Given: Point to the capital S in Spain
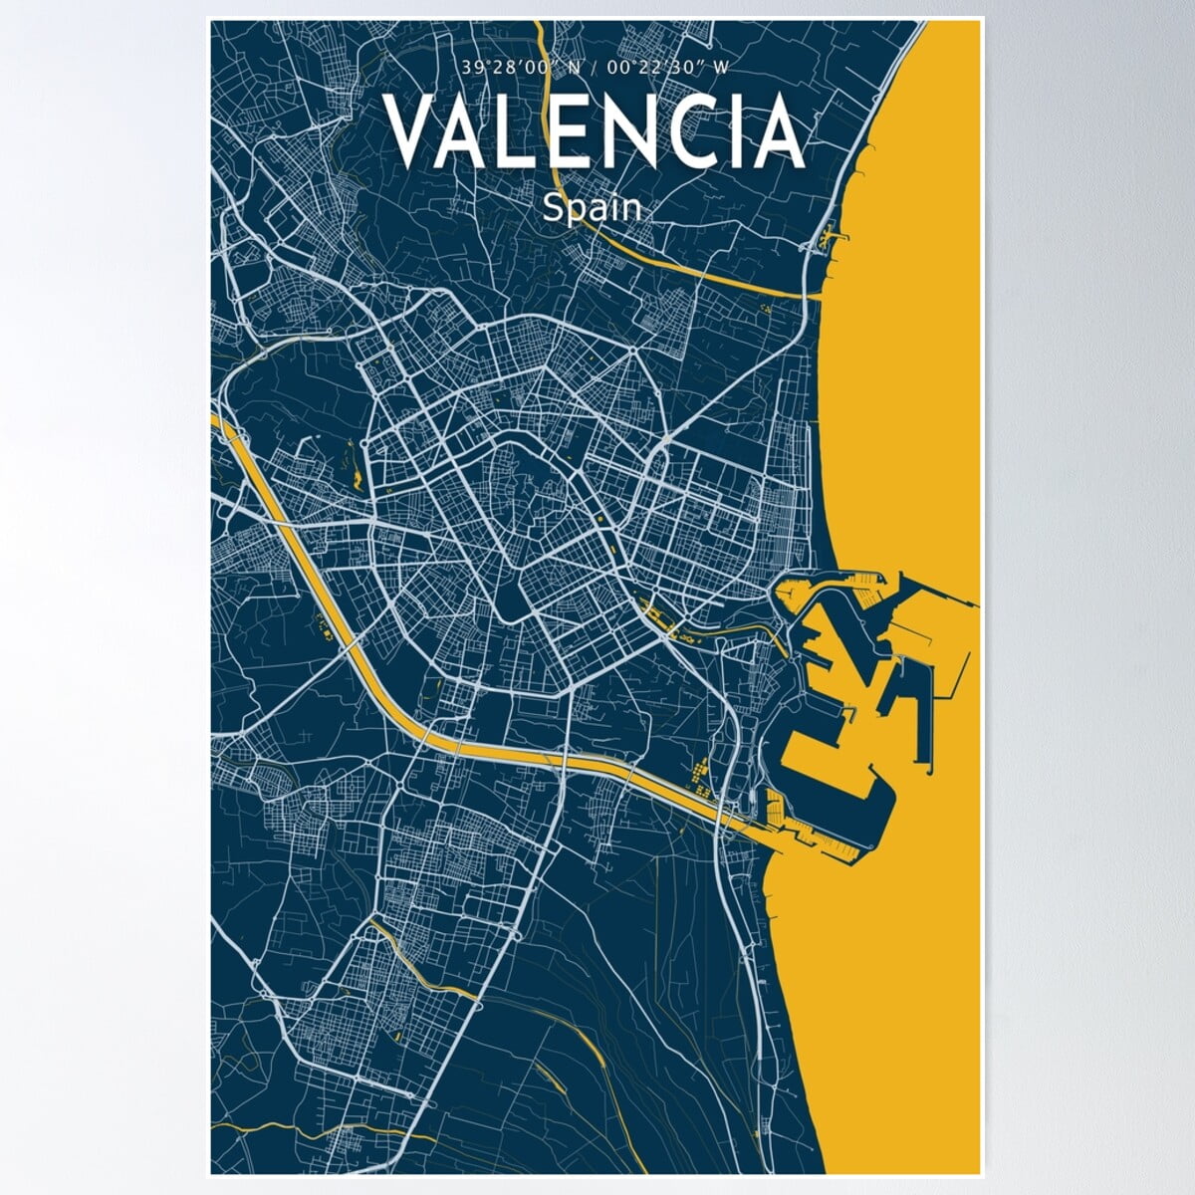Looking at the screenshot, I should click(554, 208).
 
